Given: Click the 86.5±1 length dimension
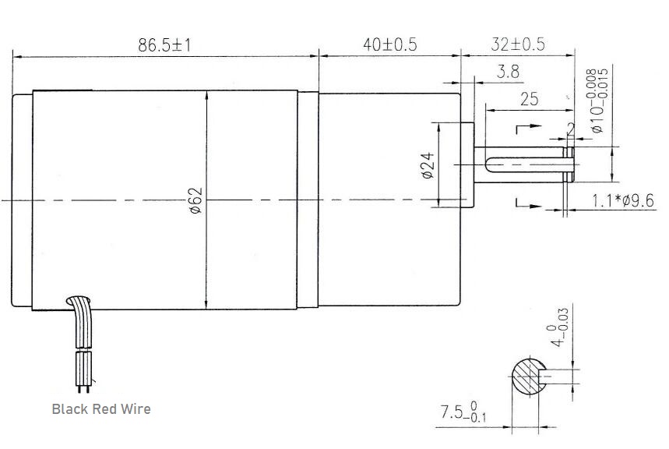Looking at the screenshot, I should pyautogui.click(x=164, y=44).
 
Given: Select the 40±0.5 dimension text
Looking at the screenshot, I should pyautogui.click(x=389, y=44).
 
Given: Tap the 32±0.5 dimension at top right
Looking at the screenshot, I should pyautogui.click(x=518, y=44).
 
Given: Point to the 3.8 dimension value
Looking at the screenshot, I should pyautogui.click(x=508, y=72).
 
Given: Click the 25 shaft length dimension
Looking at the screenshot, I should pyautogui.click(x=529, y=99).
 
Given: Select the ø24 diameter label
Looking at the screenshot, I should pyautogui.click(x=427, y=165).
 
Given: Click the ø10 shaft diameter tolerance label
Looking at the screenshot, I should pyautogui.click(x=597, y=101).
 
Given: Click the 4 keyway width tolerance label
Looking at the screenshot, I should pyautogui.click(x=556, y=328).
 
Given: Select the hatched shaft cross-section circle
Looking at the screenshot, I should pyautogui.click(x=530, y=378).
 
